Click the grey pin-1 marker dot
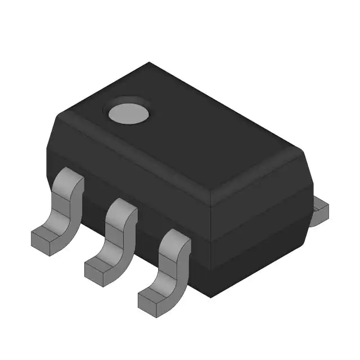tap(128, 112)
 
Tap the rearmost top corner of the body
tap(149, 63)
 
